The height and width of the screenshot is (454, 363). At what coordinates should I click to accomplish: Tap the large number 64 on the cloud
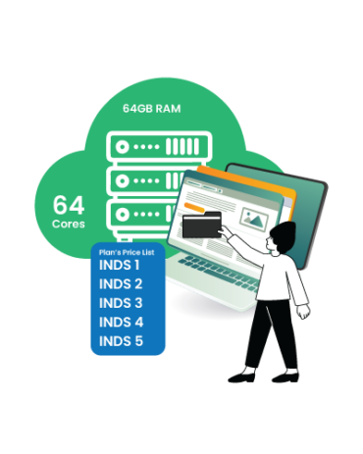[x=69, y=206]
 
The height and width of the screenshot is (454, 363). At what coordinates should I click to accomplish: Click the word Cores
[x=69, y=225]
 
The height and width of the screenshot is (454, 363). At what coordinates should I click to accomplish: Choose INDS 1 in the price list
[x=120, y=265]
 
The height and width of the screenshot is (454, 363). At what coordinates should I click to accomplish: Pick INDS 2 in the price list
[x=121, y=283]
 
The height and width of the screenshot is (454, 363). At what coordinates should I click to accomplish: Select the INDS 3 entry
[x=121, y=302]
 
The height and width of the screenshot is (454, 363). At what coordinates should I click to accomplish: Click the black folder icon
[x=203, y=225]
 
